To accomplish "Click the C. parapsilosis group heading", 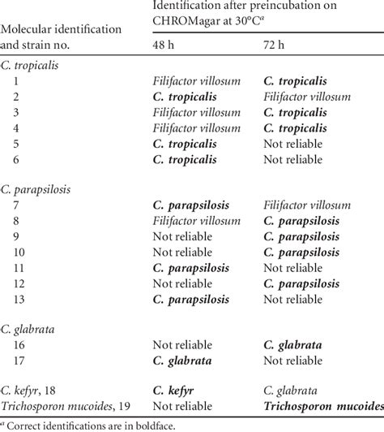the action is [x=37, y=189].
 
